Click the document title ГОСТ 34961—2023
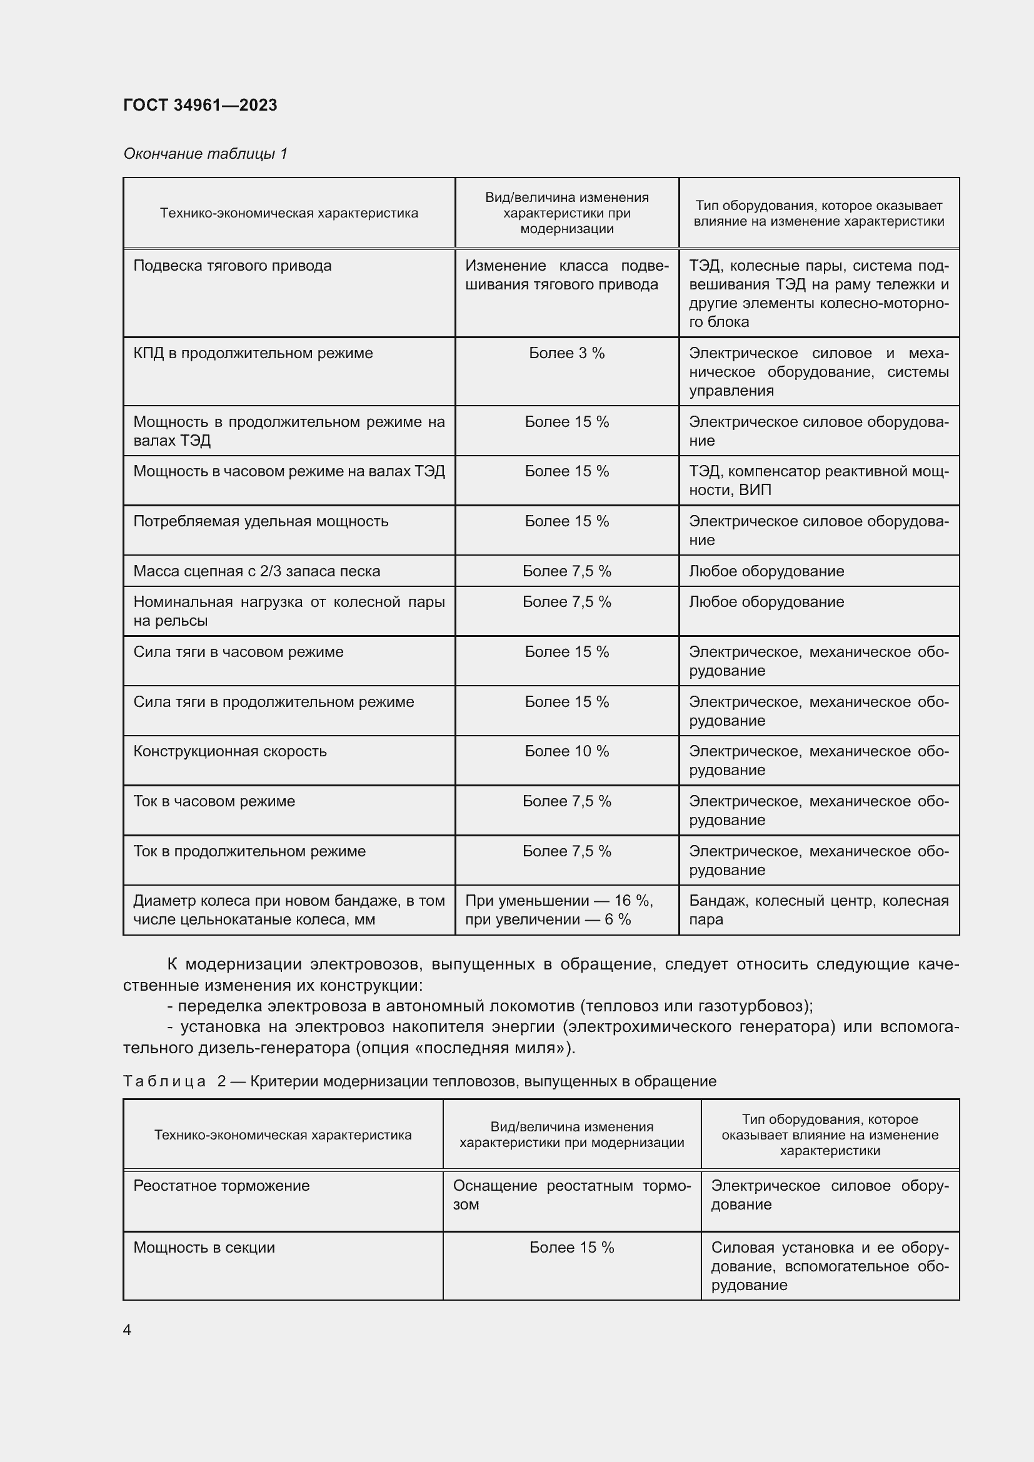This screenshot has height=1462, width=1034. [x=200, y=105]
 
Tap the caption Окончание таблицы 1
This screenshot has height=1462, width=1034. [x=205, y=154]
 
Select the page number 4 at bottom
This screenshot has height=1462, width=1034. [x=128, y=1329]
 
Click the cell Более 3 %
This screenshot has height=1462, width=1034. [x=566, y=353]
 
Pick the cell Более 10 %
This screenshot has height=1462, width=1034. [x=566, y=751]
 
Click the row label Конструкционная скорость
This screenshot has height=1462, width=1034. [x=230, y=751]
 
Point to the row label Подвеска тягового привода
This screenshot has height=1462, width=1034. [x=233, y=266]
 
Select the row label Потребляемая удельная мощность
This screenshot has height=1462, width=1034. [x=261, y=521]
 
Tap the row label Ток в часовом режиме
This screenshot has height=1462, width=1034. [x=214, y=801]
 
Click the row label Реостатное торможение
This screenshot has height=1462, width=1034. [x=221, y=1186]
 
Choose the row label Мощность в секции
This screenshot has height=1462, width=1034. [x=204, y=1248]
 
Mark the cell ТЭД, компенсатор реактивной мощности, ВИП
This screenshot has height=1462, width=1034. [x=818, y=481]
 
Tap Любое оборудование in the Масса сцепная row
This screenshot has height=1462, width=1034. [x=766, y=571]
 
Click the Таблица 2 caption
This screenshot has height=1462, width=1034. [x=419, y=1081]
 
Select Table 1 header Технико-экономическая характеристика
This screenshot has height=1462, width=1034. [x=288, y=213]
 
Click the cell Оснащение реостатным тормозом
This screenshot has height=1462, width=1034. [x=571, y=1194]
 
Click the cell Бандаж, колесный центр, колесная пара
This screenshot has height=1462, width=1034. [x=818, y=910]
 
